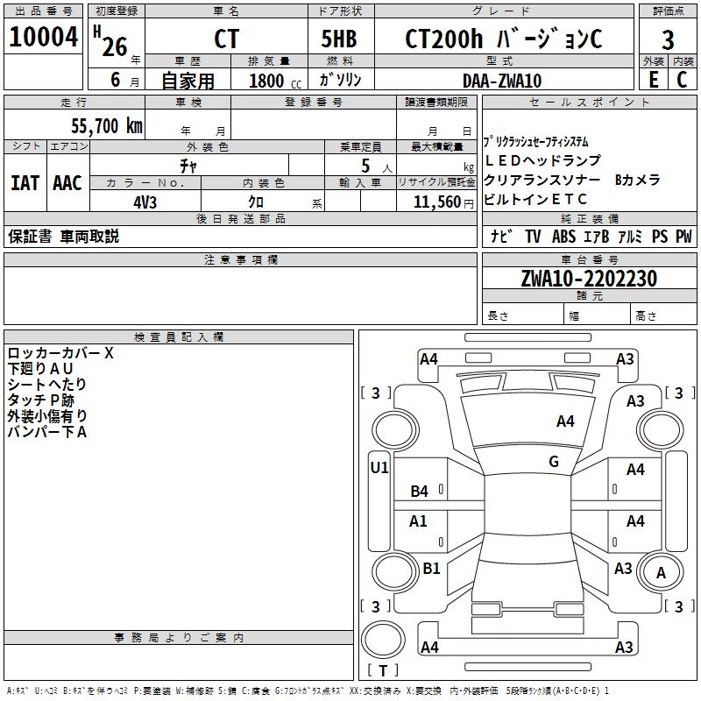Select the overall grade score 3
click(668, 39)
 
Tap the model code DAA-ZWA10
click(502, 81)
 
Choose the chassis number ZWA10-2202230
click(588, 279)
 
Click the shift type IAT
click(25, 183)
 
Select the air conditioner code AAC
click(67, 183)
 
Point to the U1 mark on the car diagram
click(379, 468)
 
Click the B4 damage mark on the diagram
click(420, 492)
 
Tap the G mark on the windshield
click(553, 462)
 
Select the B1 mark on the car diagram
click(431, 569)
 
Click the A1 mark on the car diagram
click(419, 521)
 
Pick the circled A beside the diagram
click(662, 574)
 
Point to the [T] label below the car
click(383, 670)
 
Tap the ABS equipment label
click(563, 237)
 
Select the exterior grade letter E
click(653, 80)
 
